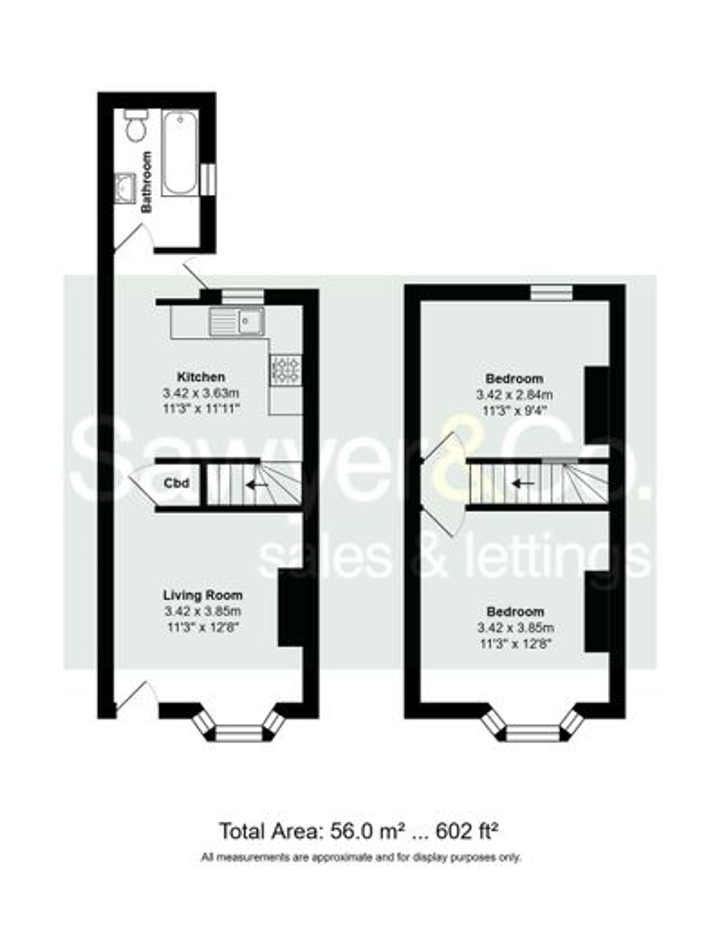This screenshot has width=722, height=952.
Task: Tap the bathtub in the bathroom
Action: point(180,153)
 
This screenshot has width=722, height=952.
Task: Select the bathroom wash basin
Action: point(125,187)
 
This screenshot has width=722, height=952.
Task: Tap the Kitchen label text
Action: point(201,377)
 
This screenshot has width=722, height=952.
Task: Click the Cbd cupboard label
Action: point(176,483)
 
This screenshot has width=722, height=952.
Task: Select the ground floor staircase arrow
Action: point(257,485)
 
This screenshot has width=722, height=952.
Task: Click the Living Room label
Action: point(203,596)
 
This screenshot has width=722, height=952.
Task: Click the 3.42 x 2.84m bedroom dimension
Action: point(515,394)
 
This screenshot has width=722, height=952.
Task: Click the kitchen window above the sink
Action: point(243,296)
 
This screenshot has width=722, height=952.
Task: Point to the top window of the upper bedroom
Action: point(552,292)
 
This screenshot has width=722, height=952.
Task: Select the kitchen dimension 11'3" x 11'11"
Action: point(200,408)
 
